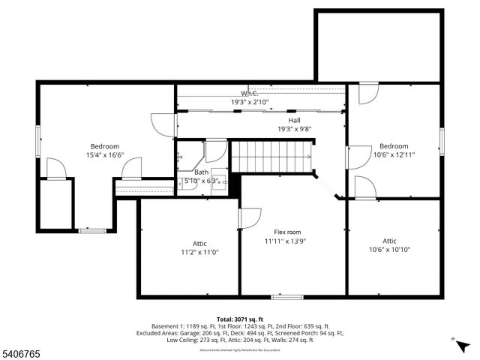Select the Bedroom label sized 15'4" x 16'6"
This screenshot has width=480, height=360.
[x=104, y=146]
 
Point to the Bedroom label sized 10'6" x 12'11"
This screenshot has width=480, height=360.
[x=393, y=145]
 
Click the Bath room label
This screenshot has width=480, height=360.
[x=202, y=172]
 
